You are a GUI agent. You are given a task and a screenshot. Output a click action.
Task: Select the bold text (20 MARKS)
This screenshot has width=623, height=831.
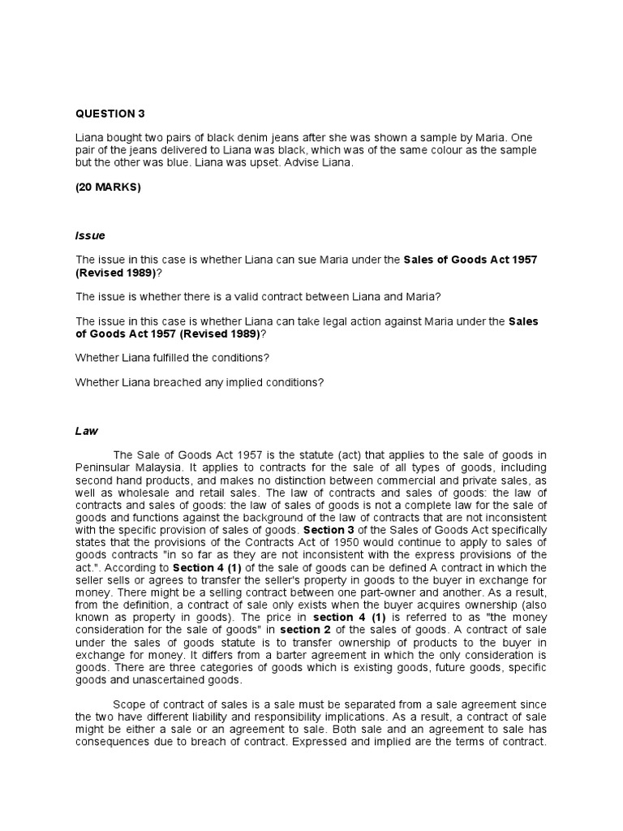click(x=108, y=187)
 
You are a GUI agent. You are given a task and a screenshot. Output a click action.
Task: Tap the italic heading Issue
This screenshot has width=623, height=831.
click(x=90, y=235)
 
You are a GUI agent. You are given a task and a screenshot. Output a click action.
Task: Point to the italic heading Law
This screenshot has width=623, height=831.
click(x=86, y=431)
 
